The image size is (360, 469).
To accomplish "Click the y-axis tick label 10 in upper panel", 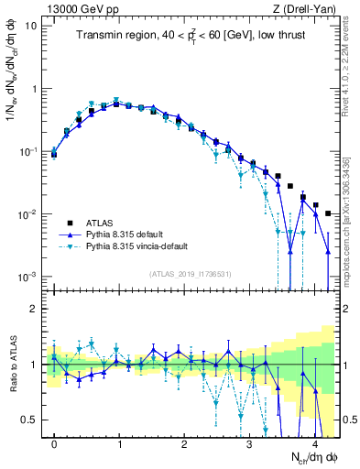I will tap(31, 26).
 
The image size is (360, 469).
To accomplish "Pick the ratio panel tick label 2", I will tap(37, 309).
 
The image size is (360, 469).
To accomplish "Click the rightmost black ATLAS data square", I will tap(328, 213).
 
